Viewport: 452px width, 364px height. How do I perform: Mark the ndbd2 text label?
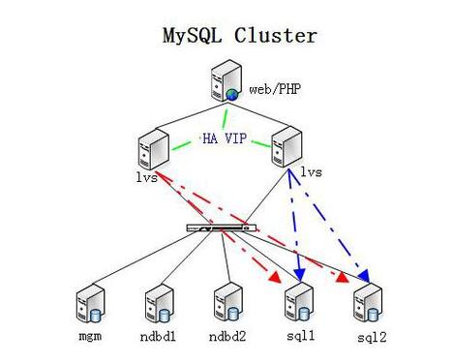point(226,340)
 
